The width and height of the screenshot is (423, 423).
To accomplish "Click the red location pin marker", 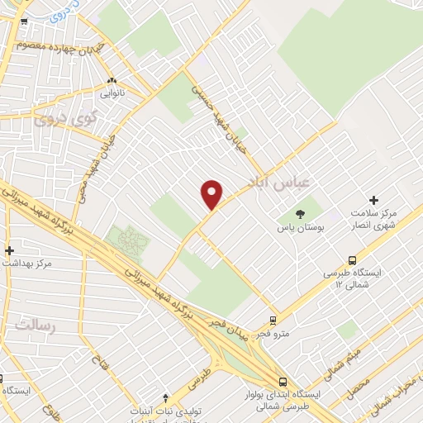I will [212, 194].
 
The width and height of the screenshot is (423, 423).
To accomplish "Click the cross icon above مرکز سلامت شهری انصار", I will [373, 200].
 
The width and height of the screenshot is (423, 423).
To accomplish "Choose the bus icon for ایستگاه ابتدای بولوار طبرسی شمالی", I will [283, 382].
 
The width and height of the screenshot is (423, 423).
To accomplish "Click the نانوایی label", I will [113, 94].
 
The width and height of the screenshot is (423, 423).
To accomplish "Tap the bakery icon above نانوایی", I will [112, 82].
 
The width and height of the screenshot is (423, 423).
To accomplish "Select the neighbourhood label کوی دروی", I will [65, 119].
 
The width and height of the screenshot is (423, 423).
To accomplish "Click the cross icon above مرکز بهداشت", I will [9, 250].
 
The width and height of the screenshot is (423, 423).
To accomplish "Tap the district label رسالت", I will [34, 325].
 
